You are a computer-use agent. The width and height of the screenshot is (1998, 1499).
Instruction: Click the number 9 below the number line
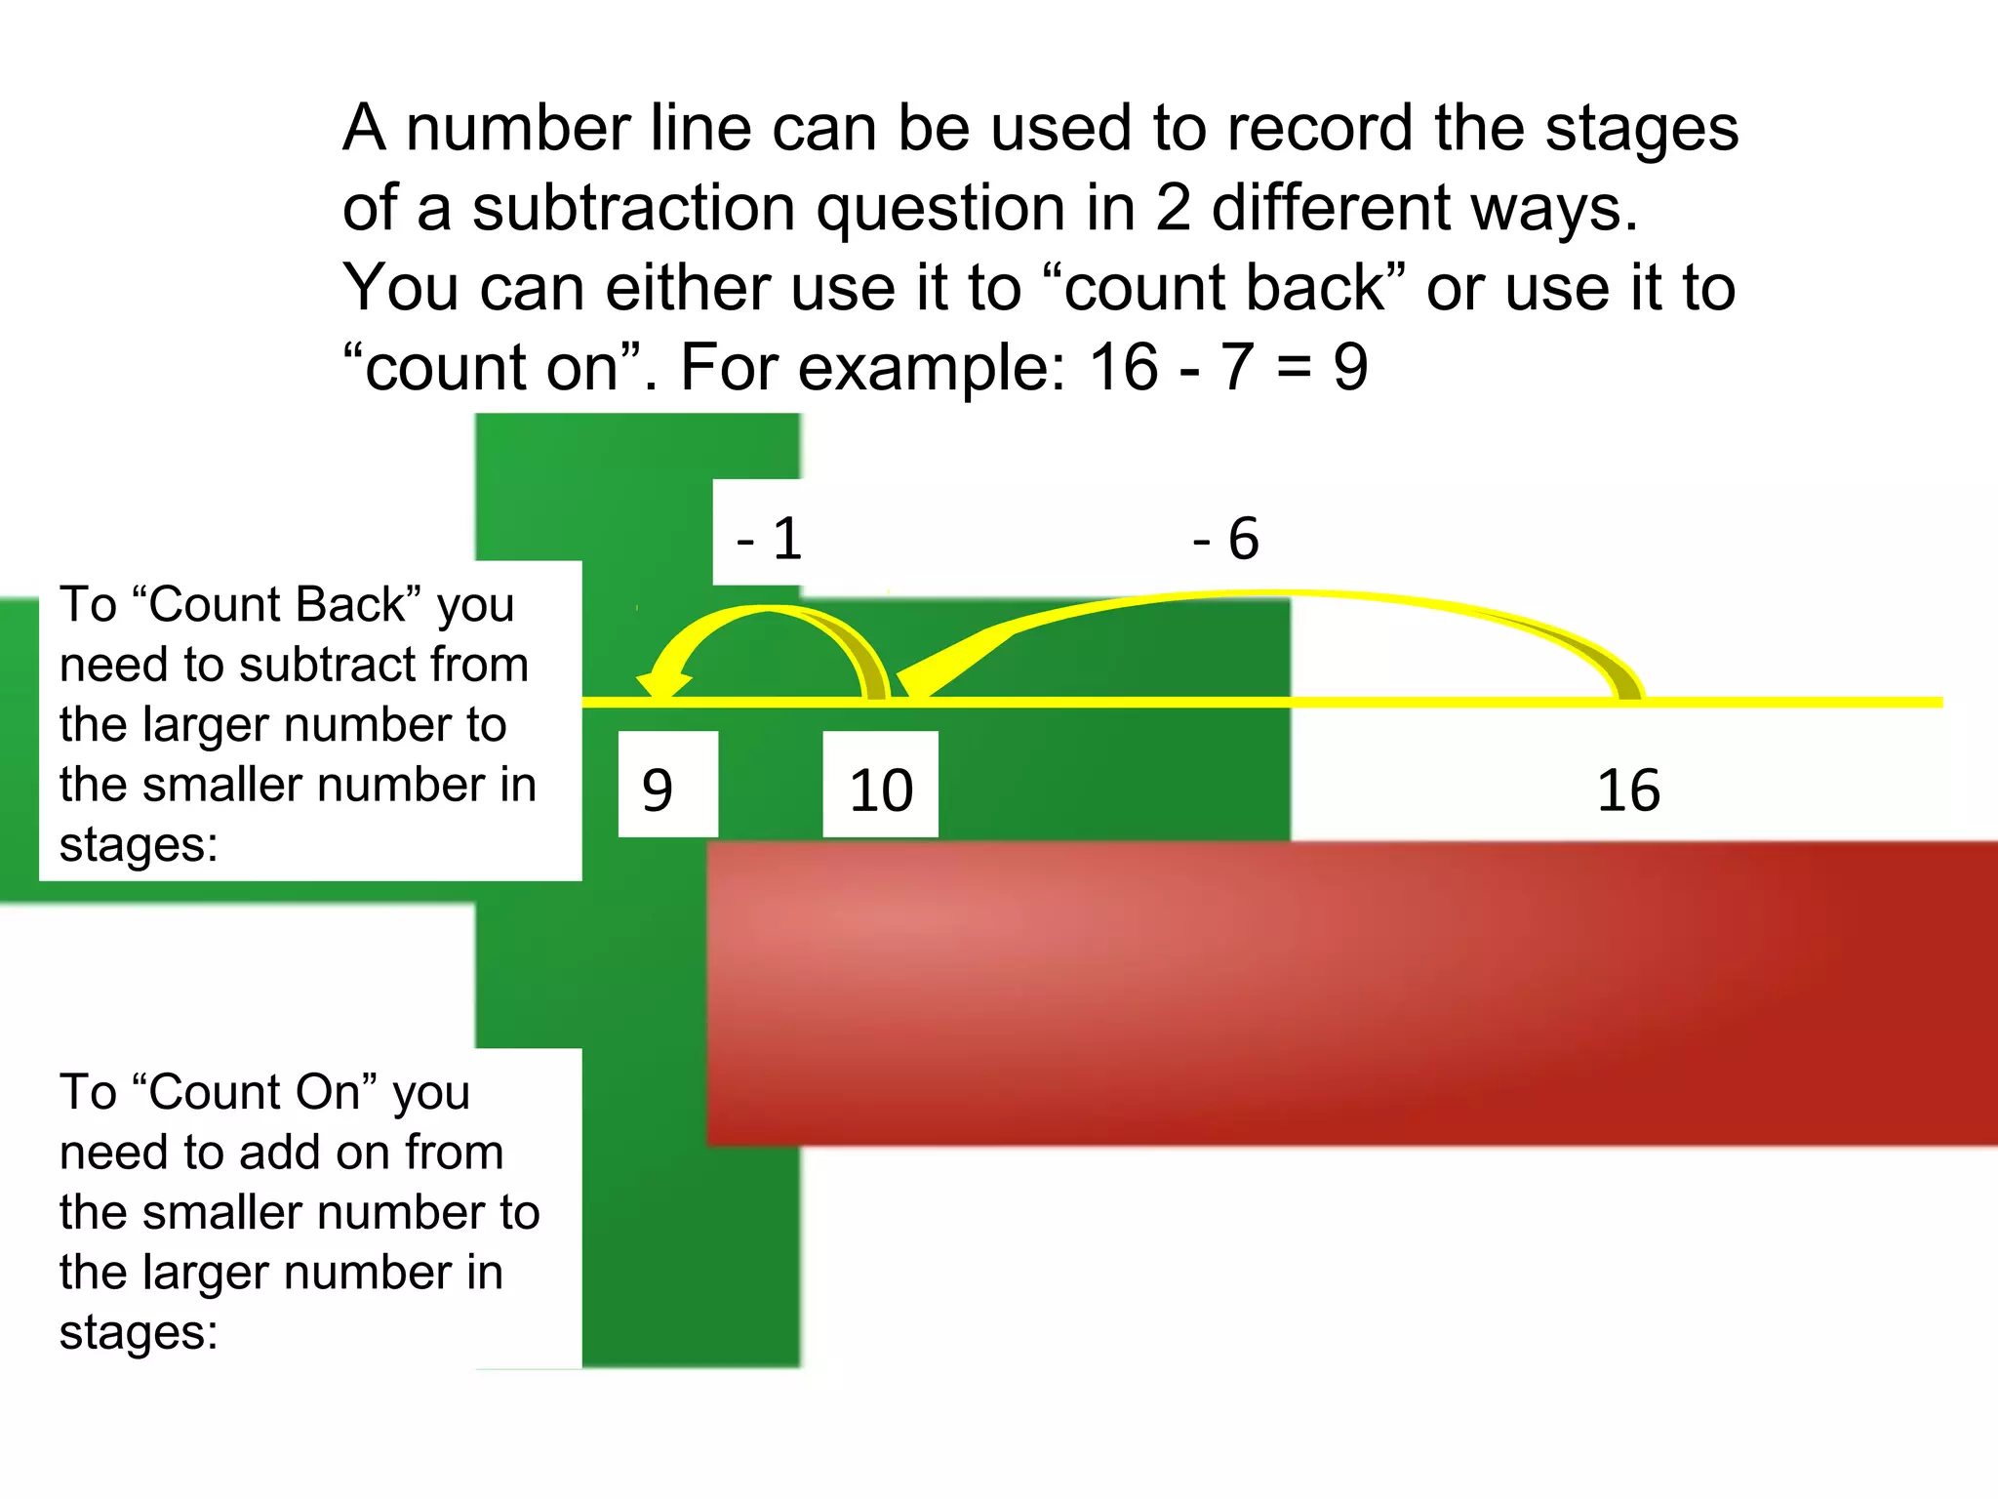pos(658,790)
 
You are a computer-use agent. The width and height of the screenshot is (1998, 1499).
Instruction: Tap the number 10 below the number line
pos(881,790)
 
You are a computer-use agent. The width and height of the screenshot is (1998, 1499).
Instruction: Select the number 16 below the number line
pos(1628,790)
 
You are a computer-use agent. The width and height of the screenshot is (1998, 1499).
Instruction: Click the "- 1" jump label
pos(770,538)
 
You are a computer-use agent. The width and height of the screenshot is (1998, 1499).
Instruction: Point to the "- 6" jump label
pos(1226,538)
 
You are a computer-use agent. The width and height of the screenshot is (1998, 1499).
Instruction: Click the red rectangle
pos(1351,993)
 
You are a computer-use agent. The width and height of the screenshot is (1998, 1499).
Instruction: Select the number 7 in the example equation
pos(1237,367)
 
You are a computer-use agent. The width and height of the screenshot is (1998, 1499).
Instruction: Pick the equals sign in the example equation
pos(1295,369)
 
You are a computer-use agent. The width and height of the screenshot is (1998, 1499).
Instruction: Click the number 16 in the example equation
pos(1123,367)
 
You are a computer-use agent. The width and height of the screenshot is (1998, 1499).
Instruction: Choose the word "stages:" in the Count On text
pos(139,1332)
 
